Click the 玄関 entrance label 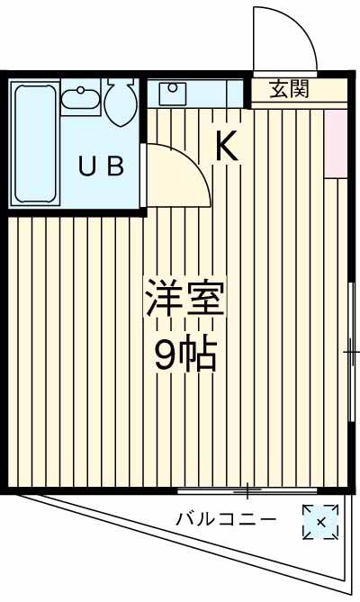[290, 89]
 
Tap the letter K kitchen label [226, 147]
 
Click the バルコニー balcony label [225, 519]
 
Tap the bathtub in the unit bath [35, 144]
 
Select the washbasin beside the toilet [81, 99]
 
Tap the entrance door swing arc [286, 40]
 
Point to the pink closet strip [336, 144]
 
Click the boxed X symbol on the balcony [319, 522]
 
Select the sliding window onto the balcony [247, 490]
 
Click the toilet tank [120, 87]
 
